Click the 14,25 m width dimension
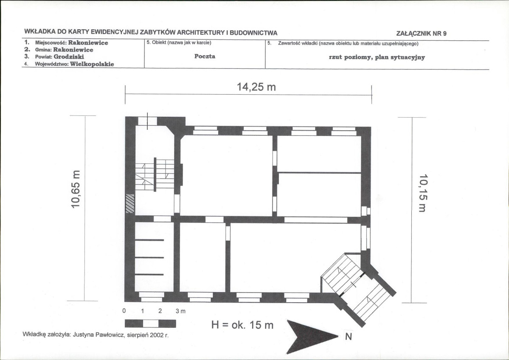(256, 87)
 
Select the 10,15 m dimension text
(423, 193)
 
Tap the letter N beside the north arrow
(348, 337)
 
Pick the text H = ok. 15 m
(242, 325)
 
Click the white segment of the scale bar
(151, 323)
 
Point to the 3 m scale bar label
(180, 311)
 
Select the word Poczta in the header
(205, 56)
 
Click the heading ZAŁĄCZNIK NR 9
(422, 33)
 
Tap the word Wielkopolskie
(92, 64)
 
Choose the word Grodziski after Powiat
(69, 56)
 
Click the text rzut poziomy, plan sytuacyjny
(377, 57)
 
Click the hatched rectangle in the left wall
(130, 203)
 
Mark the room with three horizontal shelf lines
(154, 257)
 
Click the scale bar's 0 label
(124, 311)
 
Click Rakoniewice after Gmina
(73, 50)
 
